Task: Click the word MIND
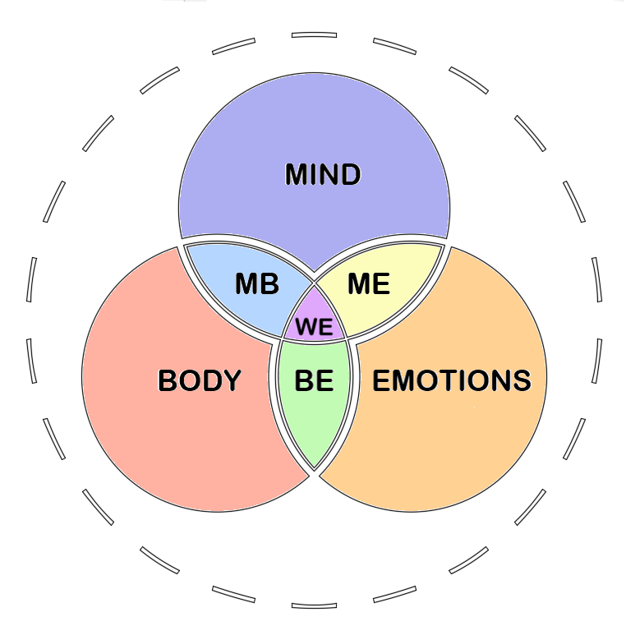[322, 174]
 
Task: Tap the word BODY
[200, 380]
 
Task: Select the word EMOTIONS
[452, 380]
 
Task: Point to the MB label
[257, 284]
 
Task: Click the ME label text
[368, 284]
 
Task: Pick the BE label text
[314, 380]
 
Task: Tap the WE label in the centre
[314, 327]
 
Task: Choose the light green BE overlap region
[314, 427]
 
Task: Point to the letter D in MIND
[349, 174]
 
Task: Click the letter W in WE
[306, 327]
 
